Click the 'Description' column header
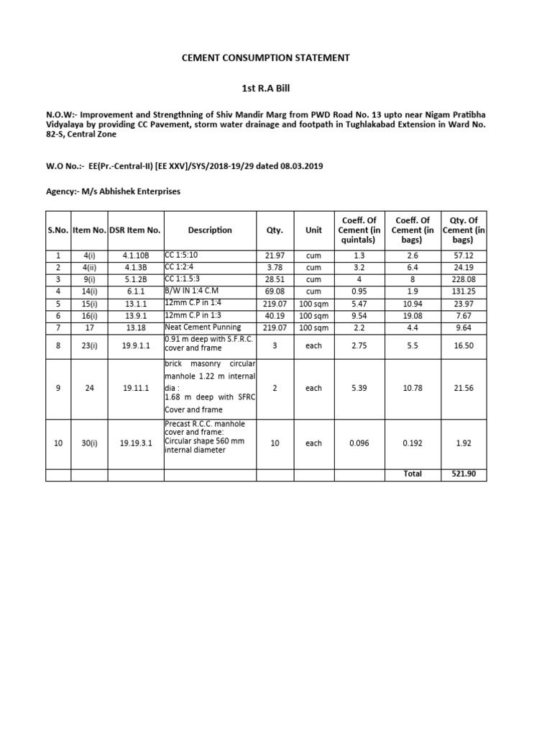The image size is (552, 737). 210,230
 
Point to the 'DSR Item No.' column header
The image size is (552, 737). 135,230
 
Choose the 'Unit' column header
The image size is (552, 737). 313,230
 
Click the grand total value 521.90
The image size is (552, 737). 464,474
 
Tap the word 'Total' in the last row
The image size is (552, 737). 413,474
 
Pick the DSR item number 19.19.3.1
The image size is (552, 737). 136,443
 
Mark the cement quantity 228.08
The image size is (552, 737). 464,280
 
